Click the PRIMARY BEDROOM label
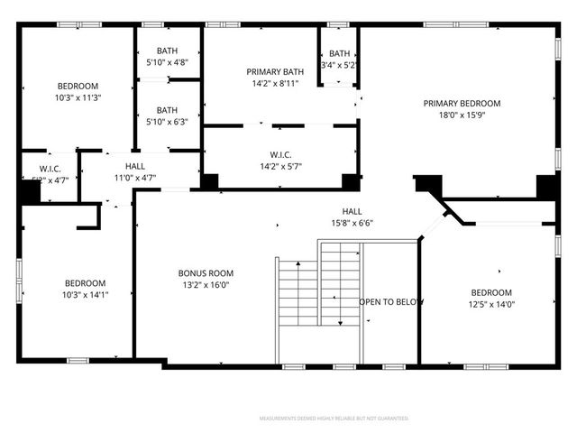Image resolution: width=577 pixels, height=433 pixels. [x=462, y=103]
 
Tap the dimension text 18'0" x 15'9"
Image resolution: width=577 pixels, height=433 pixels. [x=462, y=115]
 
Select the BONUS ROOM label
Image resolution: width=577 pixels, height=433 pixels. [x=207, y=272]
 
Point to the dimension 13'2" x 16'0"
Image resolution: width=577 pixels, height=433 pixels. [x=207, y=285]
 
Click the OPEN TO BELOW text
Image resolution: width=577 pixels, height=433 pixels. [x=391, y=301]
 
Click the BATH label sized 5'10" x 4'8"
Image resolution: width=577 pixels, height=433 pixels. [x=167, y=51]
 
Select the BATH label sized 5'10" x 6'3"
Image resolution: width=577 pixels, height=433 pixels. [x=167, y=110]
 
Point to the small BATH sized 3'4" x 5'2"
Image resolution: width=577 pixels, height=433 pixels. [x=339, y=53]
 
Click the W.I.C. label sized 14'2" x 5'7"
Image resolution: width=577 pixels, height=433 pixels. [x=280, y=154]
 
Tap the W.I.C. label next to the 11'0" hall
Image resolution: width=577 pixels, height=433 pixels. [x=49, y=169]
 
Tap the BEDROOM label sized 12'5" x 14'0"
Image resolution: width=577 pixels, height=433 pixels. [x=491, y=292]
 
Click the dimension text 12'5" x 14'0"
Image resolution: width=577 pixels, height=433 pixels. [x=491, y=305]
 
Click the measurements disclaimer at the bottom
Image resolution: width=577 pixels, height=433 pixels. [x=334, y=419]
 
